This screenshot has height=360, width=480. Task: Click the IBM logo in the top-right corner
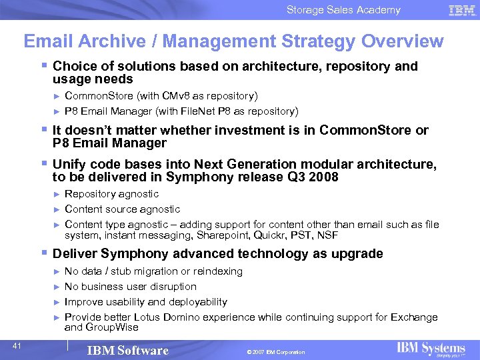462,10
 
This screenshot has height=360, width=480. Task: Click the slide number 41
18,345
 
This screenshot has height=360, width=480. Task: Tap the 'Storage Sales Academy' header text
343,10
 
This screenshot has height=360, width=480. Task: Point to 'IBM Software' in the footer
129,351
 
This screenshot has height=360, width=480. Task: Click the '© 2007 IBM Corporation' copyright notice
275,352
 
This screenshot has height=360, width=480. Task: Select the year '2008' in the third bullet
324,177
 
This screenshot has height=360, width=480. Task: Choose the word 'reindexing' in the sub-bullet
219,271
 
